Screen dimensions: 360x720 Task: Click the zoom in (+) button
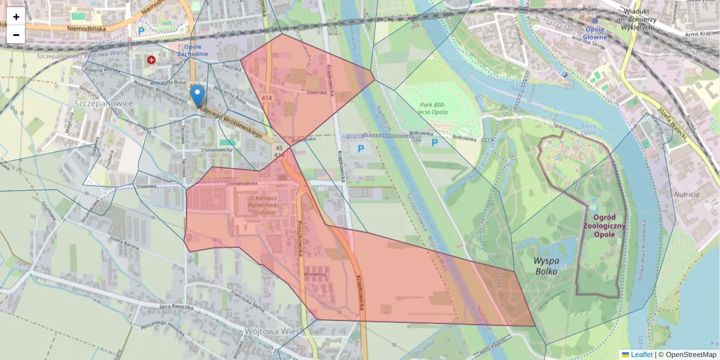click(x=16, y=16)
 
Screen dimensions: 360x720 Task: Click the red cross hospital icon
click(x=151, y=60)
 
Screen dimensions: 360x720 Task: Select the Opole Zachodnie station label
click(x=193, y=50)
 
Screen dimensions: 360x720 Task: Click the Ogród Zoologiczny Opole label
click(x=609, y=226)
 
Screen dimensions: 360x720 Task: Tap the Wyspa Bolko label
click(x=545, y=266)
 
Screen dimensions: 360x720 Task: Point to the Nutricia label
click(x=686, y=194)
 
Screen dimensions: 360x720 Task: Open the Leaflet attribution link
click(x=641, y=355)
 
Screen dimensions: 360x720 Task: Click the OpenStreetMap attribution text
click(x=691, y=355)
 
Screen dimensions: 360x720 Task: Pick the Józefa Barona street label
click(x=124, y=243)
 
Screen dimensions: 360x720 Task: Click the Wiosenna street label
click(x=314, y=274)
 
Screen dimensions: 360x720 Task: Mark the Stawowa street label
click(x=146, y=186)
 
